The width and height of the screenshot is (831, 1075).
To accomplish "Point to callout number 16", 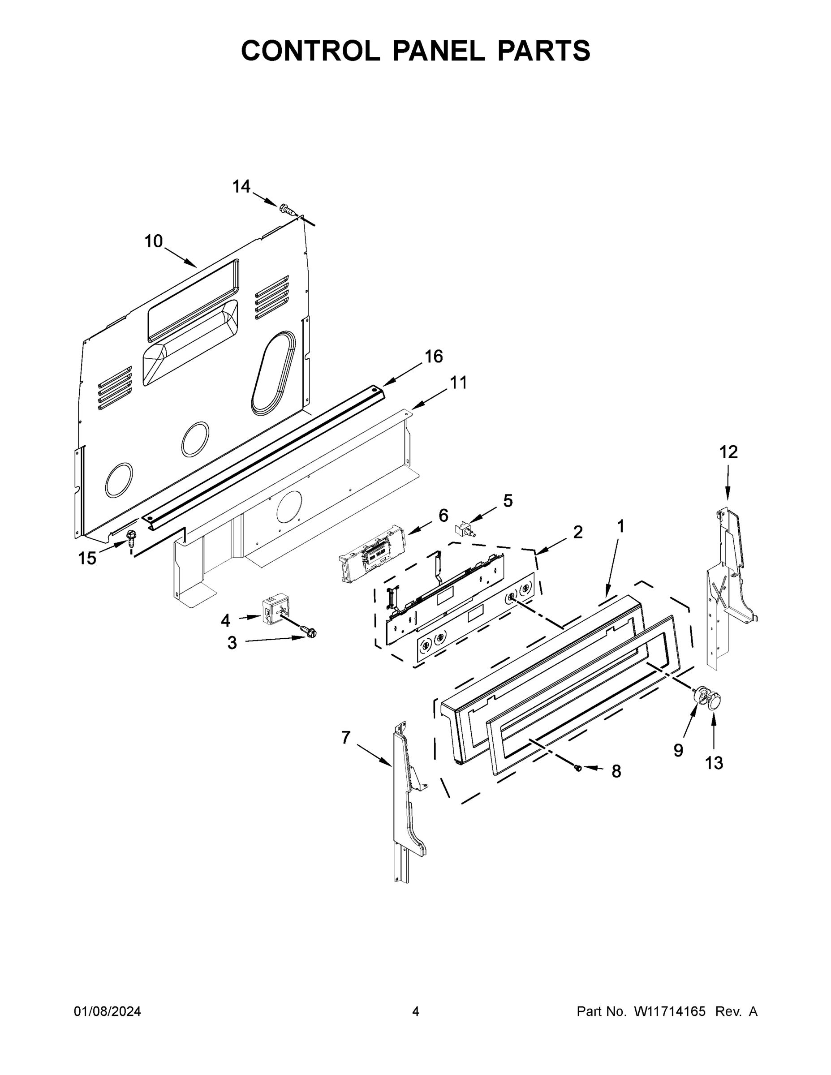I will (434, 357).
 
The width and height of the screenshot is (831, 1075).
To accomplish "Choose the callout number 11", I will (459, 383).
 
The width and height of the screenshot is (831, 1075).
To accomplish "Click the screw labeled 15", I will (131, 537).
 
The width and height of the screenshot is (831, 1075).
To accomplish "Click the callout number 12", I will (728, 452).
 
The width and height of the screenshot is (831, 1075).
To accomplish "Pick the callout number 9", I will (678, 750).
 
